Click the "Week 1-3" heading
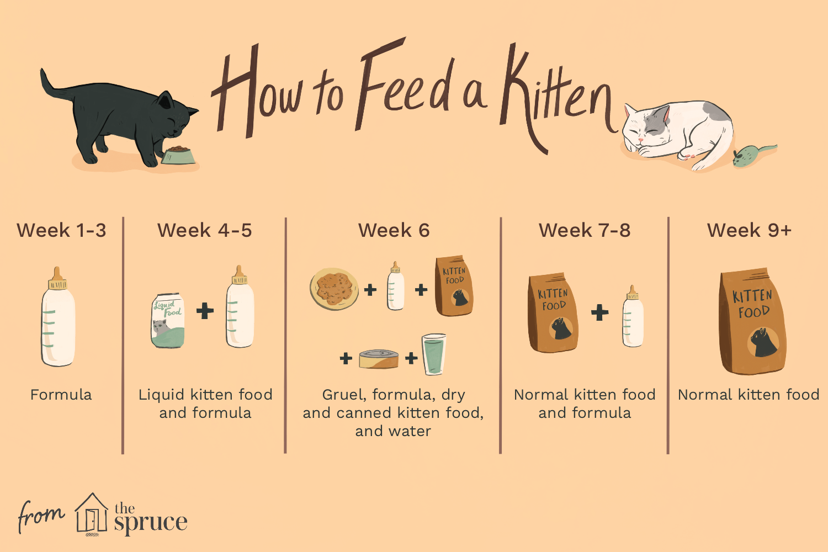[61, 230]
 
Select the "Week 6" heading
[394, 230]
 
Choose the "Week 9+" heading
[749, 230]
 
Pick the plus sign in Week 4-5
[205, 311]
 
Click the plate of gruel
[334, 289]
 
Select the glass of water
[434, 355]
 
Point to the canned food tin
[379, 359]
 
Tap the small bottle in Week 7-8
[633, 317]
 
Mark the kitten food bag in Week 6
[454, 285]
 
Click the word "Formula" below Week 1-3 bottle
[61, 395]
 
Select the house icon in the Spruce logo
[92, 514]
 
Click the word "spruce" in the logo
[151, 522]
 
